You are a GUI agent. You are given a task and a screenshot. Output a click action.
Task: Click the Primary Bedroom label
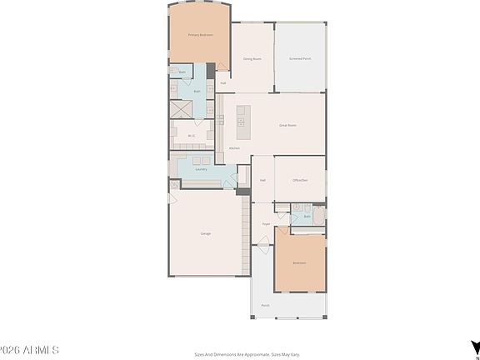(x=200, y=35)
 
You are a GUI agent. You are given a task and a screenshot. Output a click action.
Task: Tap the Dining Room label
(x=252, y=59)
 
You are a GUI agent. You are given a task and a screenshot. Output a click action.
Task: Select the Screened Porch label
(x=300, y=59)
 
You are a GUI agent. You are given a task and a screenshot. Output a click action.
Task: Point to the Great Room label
(x=287, y=125)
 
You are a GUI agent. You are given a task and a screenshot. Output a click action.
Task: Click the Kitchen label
(x=235, y=148)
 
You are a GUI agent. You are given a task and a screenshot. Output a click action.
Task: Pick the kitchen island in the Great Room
(x=242, y=122)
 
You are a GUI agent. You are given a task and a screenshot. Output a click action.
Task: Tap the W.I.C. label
(x=191, y=136)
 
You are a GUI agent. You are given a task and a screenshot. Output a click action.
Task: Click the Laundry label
(x=201, y=169)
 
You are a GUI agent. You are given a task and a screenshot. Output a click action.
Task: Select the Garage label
(x=205, y=233)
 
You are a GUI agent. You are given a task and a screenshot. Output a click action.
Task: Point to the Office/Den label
(x=300, y=180)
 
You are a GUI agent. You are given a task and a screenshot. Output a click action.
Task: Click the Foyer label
(x=266, y=224)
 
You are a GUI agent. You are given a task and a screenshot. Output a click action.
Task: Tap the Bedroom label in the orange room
(x=298, y=263)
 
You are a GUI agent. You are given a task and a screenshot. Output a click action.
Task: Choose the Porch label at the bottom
(x=265, y=306)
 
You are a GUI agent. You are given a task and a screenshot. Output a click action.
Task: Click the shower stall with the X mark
(x=181, y=109)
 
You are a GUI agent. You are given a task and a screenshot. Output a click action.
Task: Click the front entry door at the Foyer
(x=265, y=242)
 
